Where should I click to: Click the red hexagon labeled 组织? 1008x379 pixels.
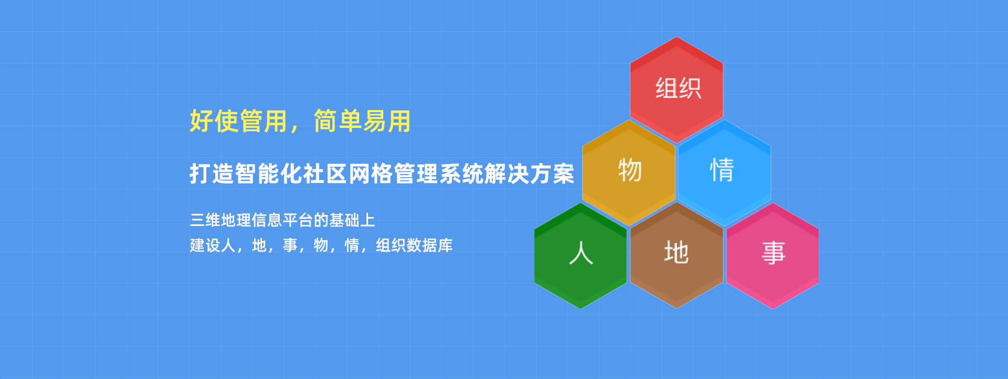pyautogui.click(x=677, y=90)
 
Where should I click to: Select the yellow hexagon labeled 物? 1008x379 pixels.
pyautogui.click(x=629, y=172)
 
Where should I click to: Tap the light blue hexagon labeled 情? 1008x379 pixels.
pyautogui.click(x=724, y=172)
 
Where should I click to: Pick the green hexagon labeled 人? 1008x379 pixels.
pyautogui.click(x=581, y=255)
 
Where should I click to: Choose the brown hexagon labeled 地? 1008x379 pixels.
pyautogui.click(x=677, y=255)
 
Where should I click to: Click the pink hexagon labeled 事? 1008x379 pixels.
pyautogui.click(x=773, y=255)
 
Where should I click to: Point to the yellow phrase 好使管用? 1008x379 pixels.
pyautogui.click(x=239, y=121)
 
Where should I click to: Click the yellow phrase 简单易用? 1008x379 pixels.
pyautogui.click(x=362, y=121)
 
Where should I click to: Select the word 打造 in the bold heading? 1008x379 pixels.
pyautogui.click(x=212, y=174)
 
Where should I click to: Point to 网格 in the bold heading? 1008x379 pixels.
pyautogui.click(x=370, y=174)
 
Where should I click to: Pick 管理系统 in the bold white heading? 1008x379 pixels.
pyautogui.click(x=439, y=174)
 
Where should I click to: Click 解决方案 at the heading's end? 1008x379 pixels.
pyautogui.click(x=530, y=174)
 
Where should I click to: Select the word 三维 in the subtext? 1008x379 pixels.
pyautogui.click(x=205, y=220)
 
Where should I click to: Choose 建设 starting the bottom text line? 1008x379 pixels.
pyautogui.click(x=205, y=245)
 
